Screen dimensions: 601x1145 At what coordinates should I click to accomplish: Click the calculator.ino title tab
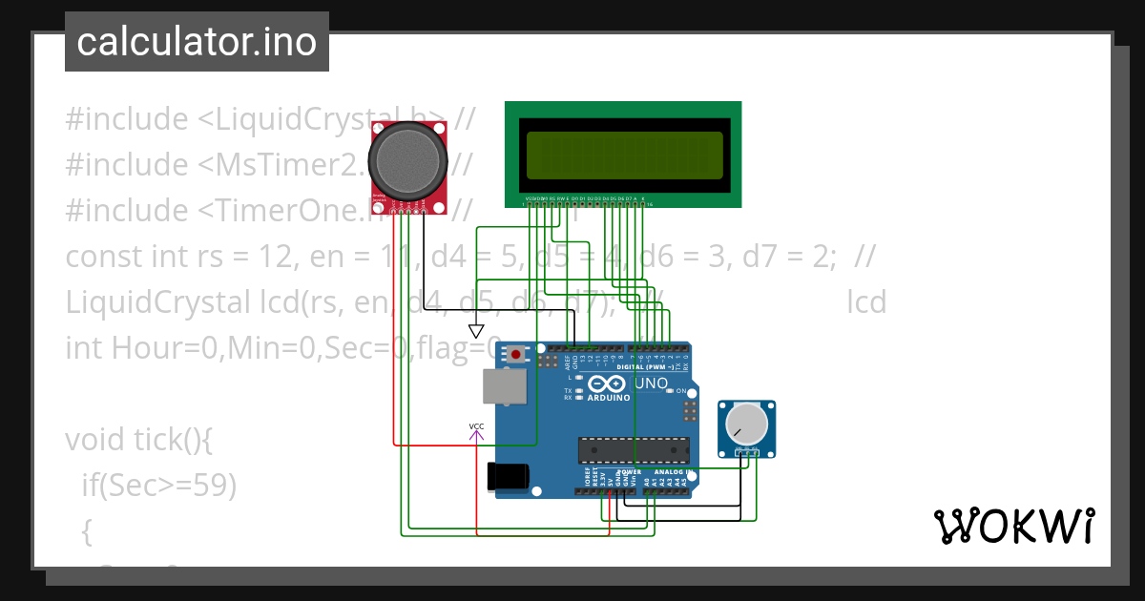click(x=197, y=42)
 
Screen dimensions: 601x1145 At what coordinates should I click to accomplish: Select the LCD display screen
click(x=624, y=154)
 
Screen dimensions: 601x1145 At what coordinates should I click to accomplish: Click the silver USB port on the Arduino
click(x=503, y=386)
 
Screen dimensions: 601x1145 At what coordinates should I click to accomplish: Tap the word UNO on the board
click(x=651, y=383)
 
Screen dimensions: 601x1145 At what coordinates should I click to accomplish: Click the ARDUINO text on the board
click(x=608, y=398)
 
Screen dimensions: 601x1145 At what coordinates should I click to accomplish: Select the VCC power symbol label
click(x=476, y=426)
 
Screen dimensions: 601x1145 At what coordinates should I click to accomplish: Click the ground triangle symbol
click(x=476, y=331)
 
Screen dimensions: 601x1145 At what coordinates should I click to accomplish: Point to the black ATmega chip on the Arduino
click(x=633, y=449)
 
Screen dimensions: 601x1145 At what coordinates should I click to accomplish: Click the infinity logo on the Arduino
click(x=608, y=383)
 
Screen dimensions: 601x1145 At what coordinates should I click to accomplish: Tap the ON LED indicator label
click(x=681, y=391)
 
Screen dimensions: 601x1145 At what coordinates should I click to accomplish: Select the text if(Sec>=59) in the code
click(x=158, y=486)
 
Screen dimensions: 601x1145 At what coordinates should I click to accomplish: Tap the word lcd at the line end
click(x=866, y=302)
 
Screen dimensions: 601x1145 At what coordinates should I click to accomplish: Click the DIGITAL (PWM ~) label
click(x=644, y=367)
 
